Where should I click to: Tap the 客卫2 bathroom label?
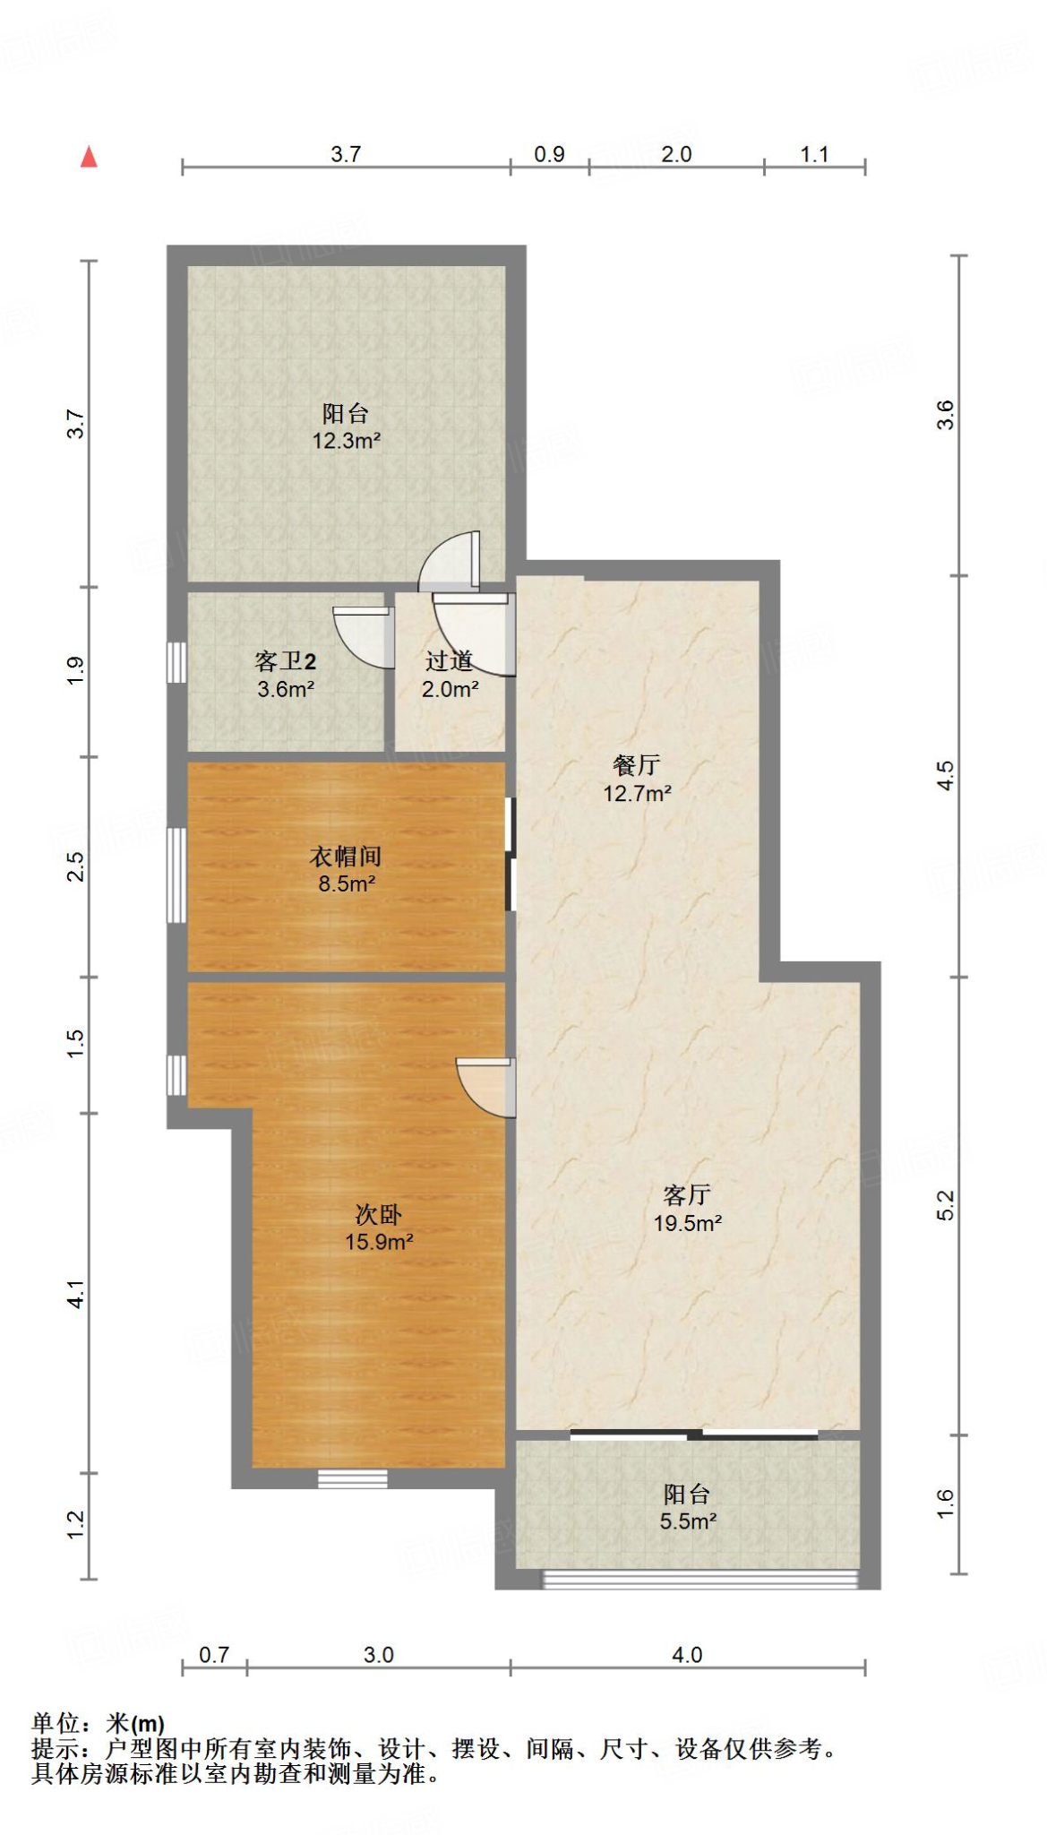pyautogui.click(x=285, y=661)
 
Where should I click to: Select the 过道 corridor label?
pyautogui.click(x=449, y=661)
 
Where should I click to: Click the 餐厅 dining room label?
pyautogui.click(x=637, y=765)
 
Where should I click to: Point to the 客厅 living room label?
pyautogui.click(x=687, y=1194)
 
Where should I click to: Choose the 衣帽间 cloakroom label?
pyautogui.click(x=346, y=857)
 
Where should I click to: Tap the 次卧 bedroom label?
pyautogui.click(x=378, y=1215)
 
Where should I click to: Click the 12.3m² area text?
pyautogui.click(x=346, y=441)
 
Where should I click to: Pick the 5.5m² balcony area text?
pyautogui.click(x=688, y=1521)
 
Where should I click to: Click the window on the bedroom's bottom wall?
pyautogui.click(x=353, y=1478)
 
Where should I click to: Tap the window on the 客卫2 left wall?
pyautogui.click(x=176, y=663)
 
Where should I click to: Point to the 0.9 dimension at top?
pyautogui.click(x=549, y=154)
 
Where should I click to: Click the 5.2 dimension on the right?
pyautogui.click(x=946, y=1205)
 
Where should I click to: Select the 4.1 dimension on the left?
pyautogui.click(x=76, y=1294)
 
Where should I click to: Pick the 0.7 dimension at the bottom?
pyautogui.click(x=214, y=1654)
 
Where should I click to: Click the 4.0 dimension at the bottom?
pyautogui.click(x=687, y=1654)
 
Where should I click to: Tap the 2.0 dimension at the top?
pyautogui.click(x=676, y=154)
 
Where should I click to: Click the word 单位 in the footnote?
pyautogui.click(x=56, y=1722)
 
